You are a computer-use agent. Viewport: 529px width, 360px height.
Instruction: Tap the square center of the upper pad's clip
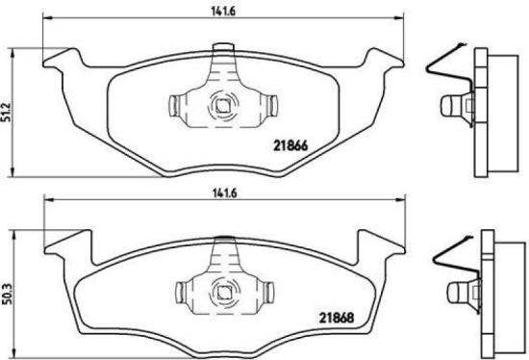tap(224, 106)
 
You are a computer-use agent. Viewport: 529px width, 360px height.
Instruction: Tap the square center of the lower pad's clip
tap(224, 287)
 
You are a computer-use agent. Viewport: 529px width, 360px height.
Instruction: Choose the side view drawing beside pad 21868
tap(471, 279)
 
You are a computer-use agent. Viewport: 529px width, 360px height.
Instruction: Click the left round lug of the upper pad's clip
tap(179, 105)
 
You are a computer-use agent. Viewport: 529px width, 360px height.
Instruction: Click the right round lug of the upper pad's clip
tap(269, 105)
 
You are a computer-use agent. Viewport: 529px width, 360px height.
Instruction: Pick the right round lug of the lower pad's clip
tap(269, 287)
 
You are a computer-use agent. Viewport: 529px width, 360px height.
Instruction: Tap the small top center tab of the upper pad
tap(224, 48)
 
